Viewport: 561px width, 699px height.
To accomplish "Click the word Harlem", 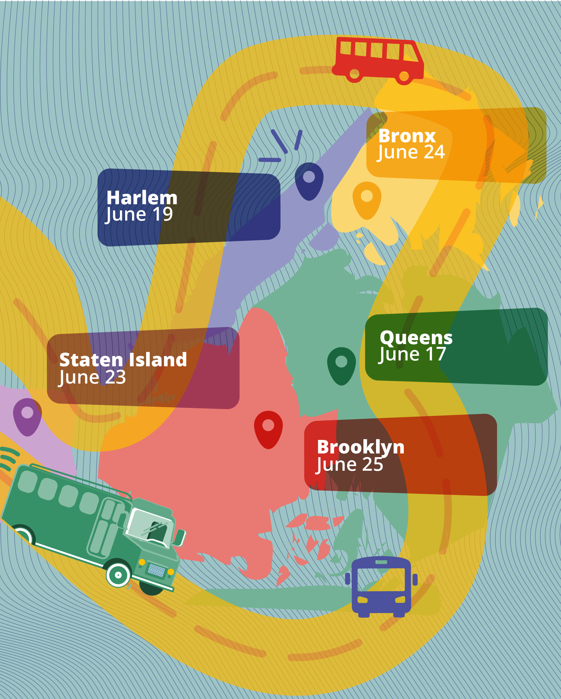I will tap(142, 198).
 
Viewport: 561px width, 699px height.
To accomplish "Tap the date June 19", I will tap(139, 214).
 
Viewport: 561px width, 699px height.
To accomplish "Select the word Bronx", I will tap(407, 136).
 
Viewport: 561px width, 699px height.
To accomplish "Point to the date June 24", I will tap(411, 152).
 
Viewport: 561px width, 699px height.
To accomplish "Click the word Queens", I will tap(416, 338).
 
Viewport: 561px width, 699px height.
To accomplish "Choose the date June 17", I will tap(412, 354).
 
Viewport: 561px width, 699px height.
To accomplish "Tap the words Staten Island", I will tap(123, 360).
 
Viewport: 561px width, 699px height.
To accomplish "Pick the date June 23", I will tap(92, 377).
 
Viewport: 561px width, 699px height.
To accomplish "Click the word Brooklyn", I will tap(360, 447).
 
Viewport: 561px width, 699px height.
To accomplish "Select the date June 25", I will tap(350, 464).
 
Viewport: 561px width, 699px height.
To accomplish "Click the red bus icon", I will tap(378, 60).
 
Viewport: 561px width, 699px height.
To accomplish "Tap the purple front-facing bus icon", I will tap(381, 586).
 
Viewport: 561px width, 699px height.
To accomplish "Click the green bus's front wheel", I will tap(118, 575).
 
